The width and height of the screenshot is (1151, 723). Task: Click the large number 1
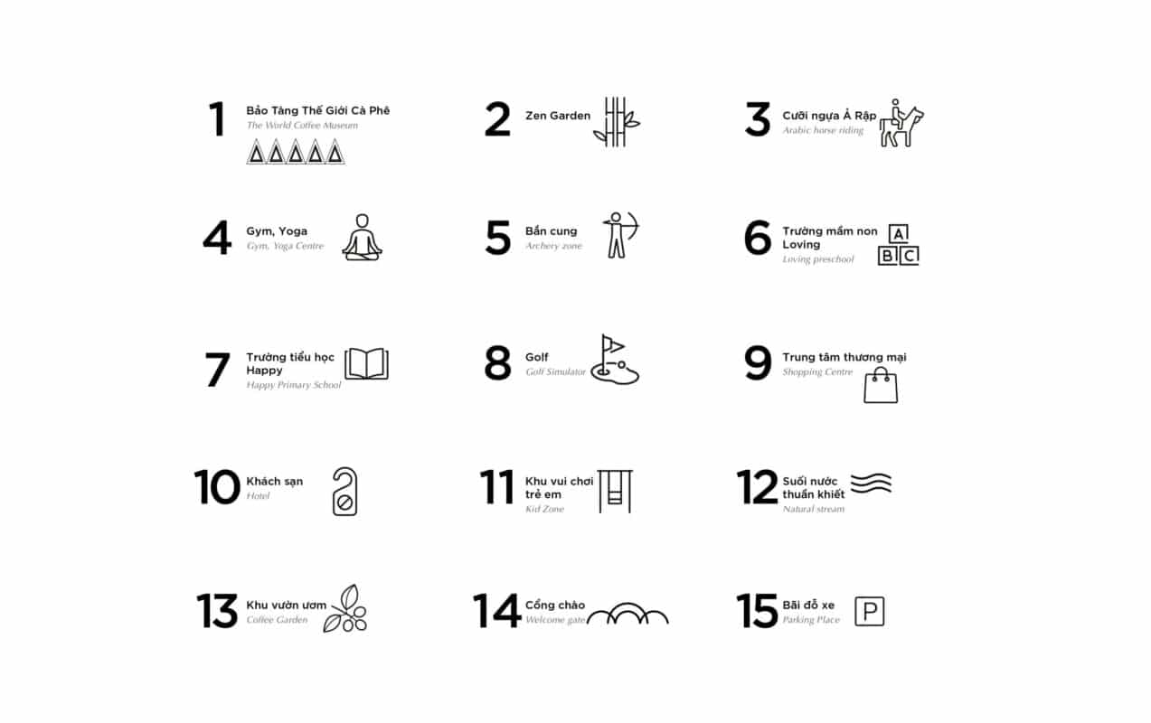(218, 119)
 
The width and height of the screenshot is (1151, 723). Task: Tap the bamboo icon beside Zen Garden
(616, 122)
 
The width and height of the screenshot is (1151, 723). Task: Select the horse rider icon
(901, 123)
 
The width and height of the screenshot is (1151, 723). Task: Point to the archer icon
(621, 235)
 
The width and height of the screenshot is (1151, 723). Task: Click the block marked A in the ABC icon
(898, 234)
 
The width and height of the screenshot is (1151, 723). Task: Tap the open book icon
(366, 363)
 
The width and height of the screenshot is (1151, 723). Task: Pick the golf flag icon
(615, 360)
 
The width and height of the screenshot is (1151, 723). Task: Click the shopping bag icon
(881, 385)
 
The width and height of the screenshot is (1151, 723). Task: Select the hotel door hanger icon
(344, 492)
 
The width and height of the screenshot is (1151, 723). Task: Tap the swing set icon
(615, 492)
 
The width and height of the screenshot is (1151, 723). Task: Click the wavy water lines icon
(871, 484)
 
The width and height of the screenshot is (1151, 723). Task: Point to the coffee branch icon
(345, 608)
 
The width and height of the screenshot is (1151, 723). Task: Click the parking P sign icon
(870, 611)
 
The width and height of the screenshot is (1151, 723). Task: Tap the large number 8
(497, 362)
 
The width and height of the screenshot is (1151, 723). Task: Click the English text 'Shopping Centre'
(817, 371)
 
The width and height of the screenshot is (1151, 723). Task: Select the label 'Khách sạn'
(274, 482)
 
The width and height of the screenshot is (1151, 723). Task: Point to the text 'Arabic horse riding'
(823, 130)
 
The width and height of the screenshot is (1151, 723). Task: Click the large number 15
(757, 611)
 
